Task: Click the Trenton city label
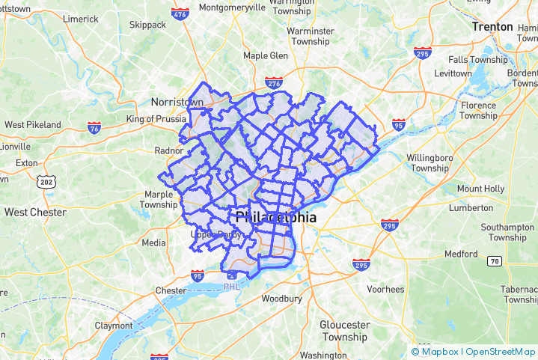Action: tap(492, 27)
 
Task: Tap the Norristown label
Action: tap(177, 102)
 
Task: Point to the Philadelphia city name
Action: tap(275, 218)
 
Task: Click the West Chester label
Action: tap(35, 212)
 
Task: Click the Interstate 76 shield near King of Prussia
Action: tap(94, 127)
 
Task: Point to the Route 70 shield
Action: tap(494, 261)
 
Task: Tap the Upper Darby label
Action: tap(216, 234)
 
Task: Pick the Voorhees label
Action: tap(385, 290)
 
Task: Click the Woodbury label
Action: tap(281, 299)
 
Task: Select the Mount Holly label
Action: tap(480, 189)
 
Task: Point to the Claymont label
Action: tap(114, 326)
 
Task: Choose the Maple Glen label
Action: tap(266, 56)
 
